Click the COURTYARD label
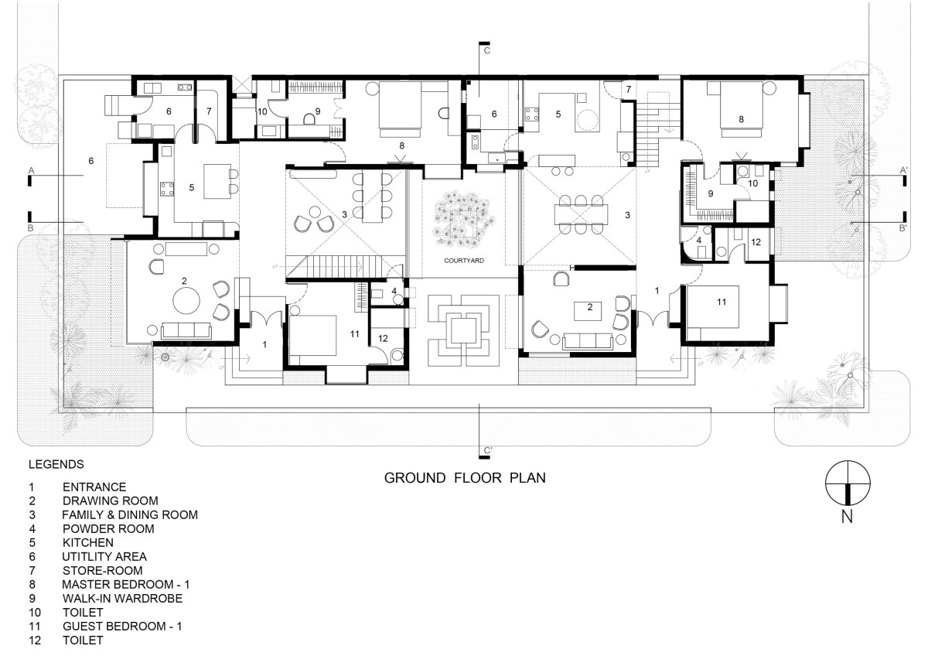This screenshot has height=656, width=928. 464,261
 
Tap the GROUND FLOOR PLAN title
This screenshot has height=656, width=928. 465,478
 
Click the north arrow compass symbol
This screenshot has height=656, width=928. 848,483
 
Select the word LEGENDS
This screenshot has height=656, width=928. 56,464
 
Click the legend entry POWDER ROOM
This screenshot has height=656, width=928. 108,529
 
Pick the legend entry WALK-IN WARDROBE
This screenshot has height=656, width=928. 122,599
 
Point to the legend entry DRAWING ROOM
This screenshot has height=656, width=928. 110,501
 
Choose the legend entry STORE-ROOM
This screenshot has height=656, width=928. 102,571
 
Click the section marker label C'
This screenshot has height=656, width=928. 488,450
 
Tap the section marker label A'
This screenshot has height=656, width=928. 903,170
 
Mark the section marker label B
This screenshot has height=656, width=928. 31,228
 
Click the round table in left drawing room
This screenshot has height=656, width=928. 186,301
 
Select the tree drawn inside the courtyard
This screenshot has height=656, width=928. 463,219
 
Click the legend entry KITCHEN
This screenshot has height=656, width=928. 88,543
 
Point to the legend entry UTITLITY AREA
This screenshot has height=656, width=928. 104,556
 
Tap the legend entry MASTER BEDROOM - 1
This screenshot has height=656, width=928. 125,584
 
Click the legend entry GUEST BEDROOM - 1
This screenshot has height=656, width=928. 122,626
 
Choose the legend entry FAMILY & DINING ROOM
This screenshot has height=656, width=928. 130,514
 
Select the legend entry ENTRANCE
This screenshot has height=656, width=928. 94,487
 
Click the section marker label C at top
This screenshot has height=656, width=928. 487,50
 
